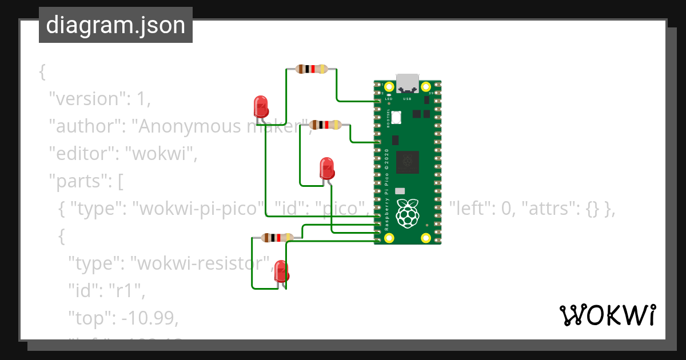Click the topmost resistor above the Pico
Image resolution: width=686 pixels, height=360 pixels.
coord(311,69)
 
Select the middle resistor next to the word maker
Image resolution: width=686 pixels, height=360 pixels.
coord(325,125)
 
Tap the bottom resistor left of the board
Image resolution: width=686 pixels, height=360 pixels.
coord(277,238)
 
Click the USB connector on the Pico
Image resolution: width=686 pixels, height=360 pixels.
coord(408,83)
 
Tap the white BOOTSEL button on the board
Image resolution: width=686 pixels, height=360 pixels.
coord(396,117)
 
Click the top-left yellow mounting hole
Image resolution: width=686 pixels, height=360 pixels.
coord(389,87)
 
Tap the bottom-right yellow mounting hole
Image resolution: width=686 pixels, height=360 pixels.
coord(426,238)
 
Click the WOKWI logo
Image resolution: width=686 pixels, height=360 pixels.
coord(607,315)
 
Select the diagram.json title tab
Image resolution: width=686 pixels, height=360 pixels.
coord(115,25)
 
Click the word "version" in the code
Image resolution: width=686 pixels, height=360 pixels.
coord(86,99)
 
